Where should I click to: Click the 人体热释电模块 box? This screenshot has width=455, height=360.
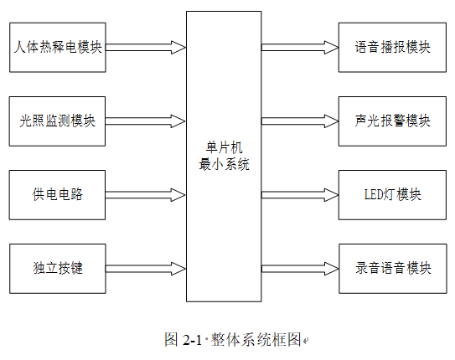[x=58, y=47]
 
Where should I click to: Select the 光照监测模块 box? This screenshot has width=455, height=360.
[x=57, y=121]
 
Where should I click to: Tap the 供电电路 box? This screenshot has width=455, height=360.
[x=57, y=195]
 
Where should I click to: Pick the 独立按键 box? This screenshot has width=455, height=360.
[x=58, y=269]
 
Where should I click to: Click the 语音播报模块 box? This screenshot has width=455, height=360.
[x=392, y=47]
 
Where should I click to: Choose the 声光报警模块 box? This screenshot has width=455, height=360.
[x=392, y=121]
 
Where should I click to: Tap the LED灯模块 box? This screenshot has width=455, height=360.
[x=392, y=195]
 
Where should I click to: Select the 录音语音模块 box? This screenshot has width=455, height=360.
[x=393, y=269]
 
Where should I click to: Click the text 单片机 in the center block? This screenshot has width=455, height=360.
[x=224, y=148]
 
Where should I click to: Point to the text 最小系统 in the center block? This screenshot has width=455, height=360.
[x=224, y=164]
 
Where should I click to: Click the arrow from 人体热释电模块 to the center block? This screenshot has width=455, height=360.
[x=146, y=47]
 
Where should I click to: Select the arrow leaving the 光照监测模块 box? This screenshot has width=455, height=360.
[x=145, y=121]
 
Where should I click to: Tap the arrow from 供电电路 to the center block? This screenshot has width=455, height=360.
[x=145, y=195]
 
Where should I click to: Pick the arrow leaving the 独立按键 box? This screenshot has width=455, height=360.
[x=146, y=269]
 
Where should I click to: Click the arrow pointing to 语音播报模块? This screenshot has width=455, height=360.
[x=300, y=47]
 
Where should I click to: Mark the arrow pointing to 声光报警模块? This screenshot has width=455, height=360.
[x=300, y=121]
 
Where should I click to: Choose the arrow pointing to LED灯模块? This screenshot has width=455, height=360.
[x=300, y=195]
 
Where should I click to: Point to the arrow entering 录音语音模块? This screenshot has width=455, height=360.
[x=300, y=269]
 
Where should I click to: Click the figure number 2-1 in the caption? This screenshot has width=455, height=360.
[x=192, y=339]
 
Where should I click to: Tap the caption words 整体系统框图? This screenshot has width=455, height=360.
[x=256, y=339]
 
